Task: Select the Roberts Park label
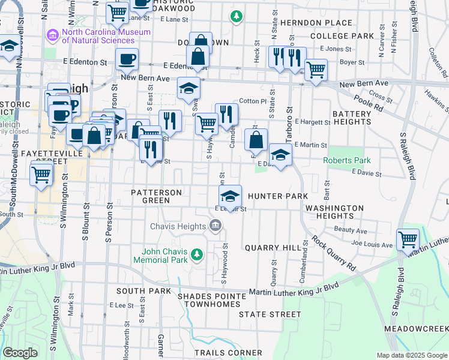(346, 160)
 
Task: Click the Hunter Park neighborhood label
(277, 196)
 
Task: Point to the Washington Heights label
(334, 212)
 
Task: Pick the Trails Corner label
(228, 353)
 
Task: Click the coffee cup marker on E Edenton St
(127, 59)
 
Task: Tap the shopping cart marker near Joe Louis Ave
(408, 239)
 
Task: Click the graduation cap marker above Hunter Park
(229, 196)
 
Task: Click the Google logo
(20, 353)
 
